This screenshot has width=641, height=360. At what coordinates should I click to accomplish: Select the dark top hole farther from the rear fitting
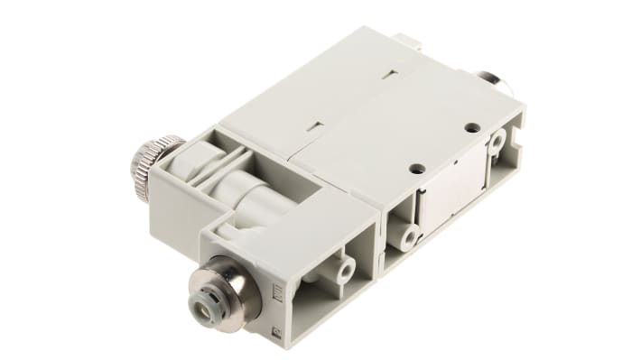tap(414, 168)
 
